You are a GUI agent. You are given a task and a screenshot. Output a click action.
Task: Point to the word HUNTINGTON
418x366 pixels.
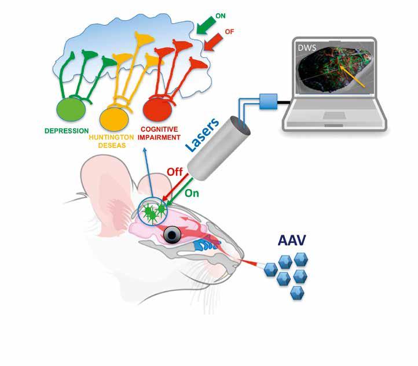click(113, 138)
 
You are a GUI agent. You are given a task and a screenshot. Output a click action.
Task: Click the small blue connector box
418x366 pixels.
click(269, 102)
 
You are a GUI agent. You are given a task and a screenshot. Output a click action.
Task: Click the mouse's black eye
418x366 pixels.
click(173, 234)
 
